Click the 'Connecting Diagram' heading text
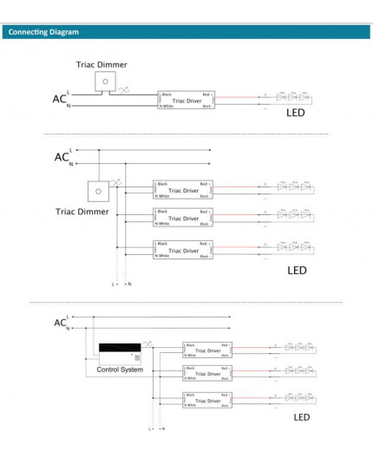click(x=43, y=32)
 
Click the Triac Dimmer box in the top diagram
click(x=104, y=82)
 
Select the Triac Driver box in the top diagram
click(x=185, y=100)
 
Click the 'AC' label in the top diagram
click(x=58, y=100)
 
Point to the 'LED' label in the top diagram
click(x=297, y=113)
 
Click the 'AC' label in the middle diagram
click(x=61, y=157)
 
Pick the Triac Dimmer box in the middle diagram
click(x=97, y=190)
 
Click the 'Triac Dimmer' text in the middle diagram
click(x=82, y=211)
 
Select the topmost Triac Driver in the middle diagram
click(x=183, y=191)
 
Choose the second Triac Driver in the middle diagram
click(x=183, y=219)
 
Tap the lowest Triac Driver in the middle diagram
click(x=183, y=248)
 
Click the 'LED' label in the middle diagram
click(x=297, y=271)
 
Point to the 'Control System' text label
click(x=120, y=370)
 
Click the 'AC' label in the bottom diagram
click(x=60, y=323)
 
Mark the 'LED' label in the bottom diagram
click(x=301, y=417)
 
